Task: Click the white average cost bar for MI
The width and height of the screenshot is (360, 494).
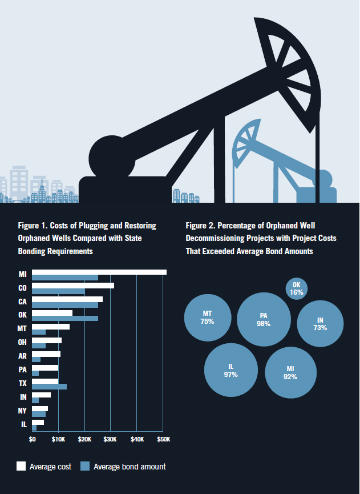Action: point(99,272)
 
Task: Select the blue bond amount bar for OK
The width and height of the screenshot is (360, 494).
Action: point(65,319)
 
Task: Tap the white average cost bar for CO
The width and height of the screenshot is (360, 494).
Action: point(73,286)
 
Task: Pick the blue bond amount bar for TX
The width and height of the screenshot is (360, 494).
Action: point(50,387)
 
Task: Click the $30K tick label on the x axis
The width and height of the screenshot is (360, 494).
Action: point(110,440)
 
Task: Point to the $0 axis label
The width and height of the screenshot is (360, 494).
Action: point(32,440)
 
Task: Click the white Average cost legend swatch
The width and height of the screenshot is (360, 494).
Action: point(21,466)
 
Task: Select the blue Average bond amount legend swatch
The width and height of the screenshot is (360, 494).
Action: point(85,466)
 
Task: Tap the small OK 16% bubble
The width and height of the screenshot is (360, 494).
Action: point(297,288)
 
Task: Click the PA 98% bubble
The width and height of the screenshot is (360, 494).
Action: point(264,319)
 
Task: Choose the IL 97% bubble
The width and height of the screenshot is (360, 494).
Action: point(231,370)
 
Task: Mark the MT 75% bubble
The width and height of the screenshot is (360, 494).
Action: point(208,318)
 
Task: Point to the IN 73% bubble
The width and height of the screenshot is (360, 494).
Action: point(321,324)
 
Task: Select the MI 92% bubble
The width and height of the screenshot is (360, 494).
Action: point(291,373)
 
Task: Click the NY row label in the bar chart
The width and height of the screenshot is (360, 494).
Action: point(22,411)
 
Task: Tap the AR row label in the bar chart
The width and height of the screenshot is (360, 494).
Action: point(22,356)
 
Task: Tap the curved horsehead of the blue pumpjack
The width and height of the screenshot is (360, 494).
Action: point(246,142)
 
